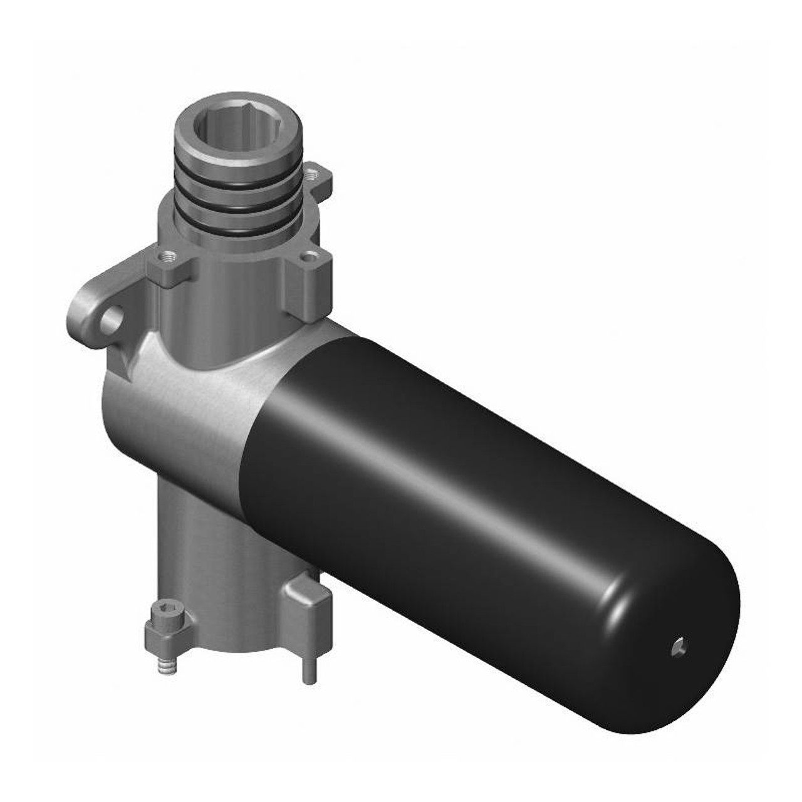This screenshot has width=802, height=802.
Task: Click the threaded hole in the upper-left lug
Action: pos(167,256)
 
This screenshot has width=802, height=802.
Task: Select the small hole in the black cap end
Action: pos(678,647)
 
